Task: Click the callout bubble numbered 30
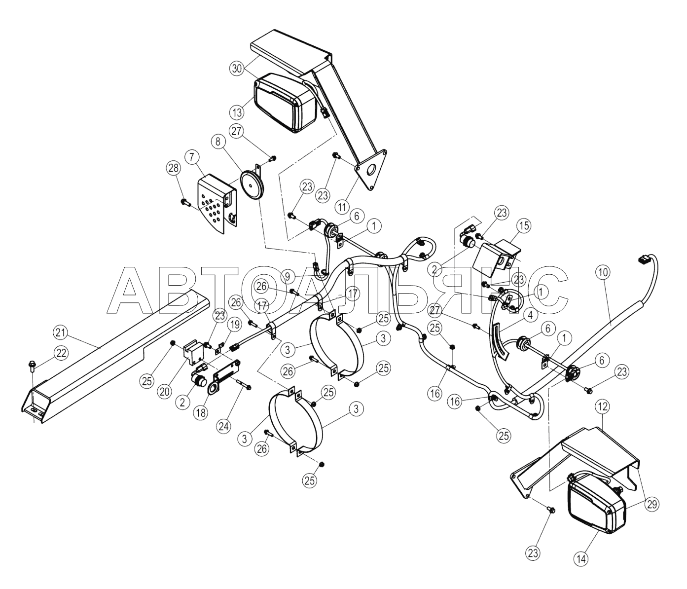click(x=237, y=69)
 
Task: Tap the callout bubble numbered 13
click(x=237, y=112)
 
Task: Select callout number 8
click(x=217, y=142)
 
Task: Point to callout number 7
click(x=192, y=157)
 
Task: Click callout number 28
click(x=174, y=168)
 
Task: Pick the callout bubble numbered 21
click(x=61, y=332)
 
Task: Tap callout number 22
click(x=61, y=353)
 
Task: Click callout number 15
click(x=524, y=226)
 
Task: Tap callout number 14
click(x=582, y=559)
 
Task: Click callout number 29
click(x=652, y=505)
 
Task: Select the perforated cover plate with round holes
click(x=217, y=203)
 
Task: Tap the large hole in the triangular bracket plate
click(x=371, y=170)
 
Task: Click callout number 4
click(x=531, y=315)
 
